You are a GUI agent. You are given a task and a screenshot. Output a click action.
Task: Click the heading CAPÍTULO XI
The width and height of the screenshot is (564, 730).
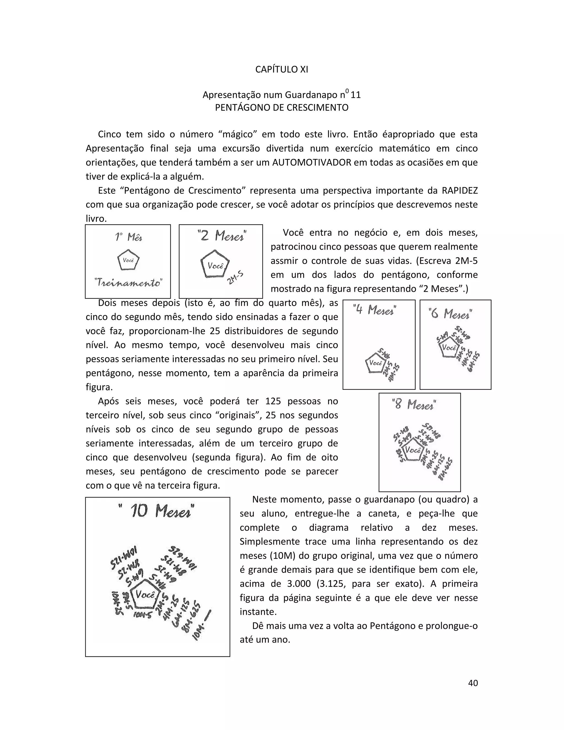click(x=281, y=69)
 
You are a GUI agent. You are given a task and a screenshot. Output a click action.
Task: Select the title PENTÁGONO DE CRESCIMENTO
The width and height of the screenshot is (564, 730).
click(x=281, y=108)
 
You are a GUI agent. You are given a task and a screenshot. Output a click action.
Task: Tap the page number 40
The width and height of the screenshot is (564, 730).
click(x=473, y=683)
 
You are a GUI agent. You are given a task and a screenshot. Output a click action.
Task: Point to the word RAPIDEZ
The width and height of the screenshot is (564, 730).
click(x=459, y=191)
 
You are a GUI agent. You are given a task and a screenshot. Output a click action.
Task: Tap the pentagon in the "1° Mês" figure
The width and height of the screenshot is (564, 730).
click(x=128, y=260)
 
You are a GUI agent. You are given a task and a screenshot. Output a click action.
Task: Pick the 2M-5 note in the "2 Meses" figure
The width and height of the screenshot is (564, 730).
click(x=235, y=278)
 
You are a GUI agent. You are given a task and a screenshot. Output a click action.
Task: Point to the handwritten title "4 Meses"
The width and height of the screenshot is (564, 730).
click(x=375, y=310)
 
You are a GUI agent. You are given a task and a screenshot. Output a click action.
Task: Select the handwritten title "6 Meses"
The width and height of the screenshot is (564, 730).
click(x=450, y=314)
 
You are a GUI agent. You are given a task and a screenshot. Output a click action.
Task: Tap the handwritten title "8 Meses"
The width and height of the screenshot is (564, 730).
click(x=414, y=405)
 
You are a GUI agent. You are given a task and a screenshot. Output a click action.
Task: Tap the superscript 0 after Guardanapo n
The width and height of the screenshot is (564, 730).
click(x=347, y=91)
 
